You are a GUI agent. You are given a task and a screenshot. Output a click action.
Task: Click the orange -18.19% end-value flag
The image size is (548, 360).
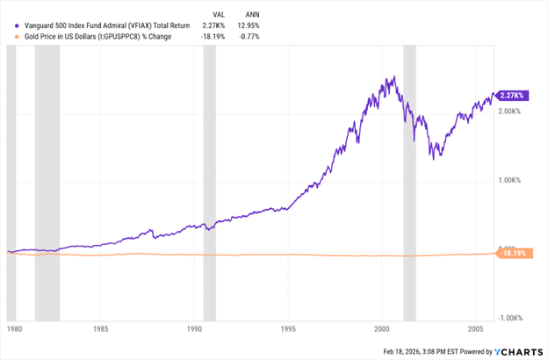coord(511,254)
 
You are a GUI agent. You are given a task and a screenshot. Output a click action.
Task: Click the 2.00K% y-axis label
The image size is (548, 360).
coord(512,112)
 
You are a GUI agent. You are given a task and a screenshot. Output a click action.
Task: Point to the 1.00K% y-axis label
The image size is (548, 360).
coord(512,181)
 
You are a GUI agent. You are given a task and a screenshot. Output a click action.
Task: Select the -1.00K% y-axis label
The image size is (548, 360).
coord(512,318)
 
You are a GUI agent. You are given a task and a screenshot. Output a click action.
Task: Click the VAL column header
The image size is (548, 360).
coord(223,13)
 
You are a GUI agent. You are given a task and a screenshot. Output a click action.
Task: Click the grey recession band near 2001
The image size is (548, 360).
coord(409,176)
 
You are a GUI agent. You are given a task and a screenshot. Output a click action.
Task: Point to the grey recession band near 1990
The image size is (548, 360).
coord(209,176)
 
